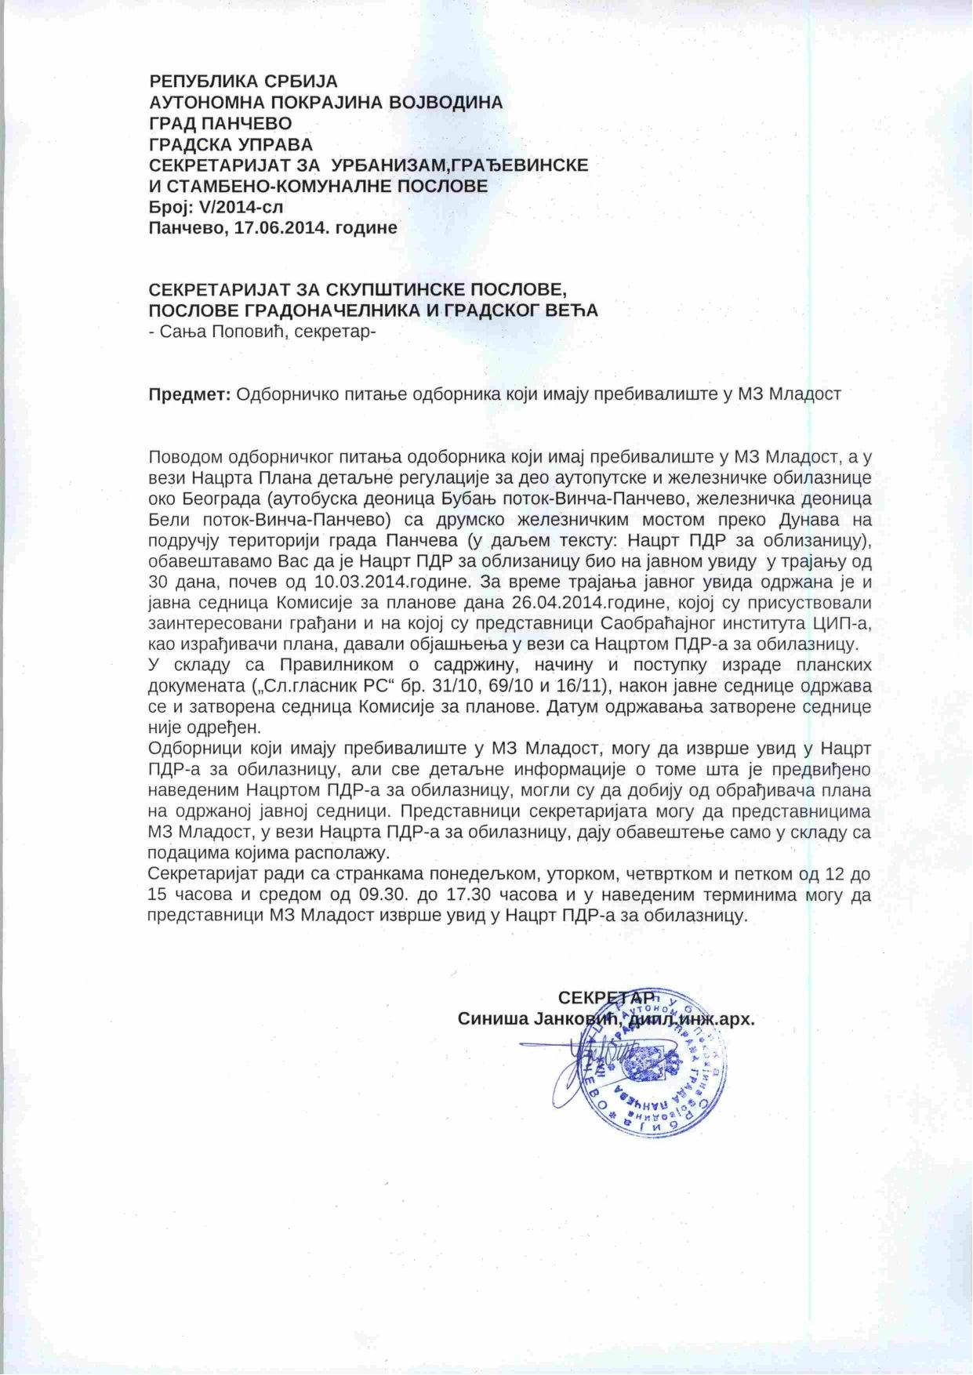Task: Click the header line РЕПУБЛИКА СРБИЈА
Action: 243,81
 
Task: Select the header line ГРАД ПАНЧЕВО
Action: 220,123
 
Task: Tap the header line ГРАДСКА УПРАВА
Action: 231,144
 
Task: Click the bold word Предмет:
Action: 189,394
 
